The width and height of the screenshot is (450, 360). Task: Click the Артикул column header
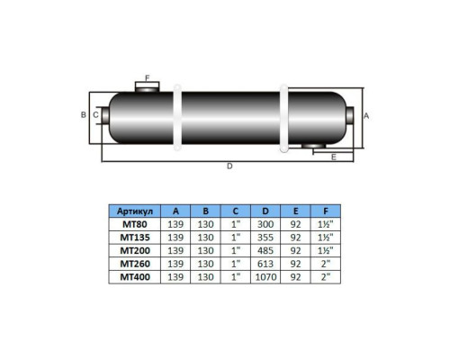click(x=135, y=211)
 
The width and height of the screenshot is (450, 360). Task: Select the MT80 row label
click(x=135, y=224)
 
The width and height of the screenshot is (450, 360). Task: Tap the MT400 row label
click(x=135, y=276)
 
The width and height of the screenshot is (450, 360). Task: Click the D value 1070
click(x=265, y=276)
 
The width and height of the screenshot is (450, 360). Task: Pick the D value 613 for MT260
click(x=265, y=264)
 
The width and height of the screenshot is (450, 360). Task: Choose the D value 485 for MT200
click(x=265, y=250)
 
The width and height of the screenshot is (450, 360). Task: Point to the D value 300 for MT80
click(x=265, y=224)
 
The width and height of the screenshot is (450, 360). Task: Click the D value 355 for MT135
click(x=265, y=238)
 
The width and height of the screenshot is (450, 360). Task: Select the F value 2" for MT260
click(x=326, y=264)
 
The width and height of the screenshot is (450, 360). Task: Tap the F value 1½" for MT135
click(x=326, y=238)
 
